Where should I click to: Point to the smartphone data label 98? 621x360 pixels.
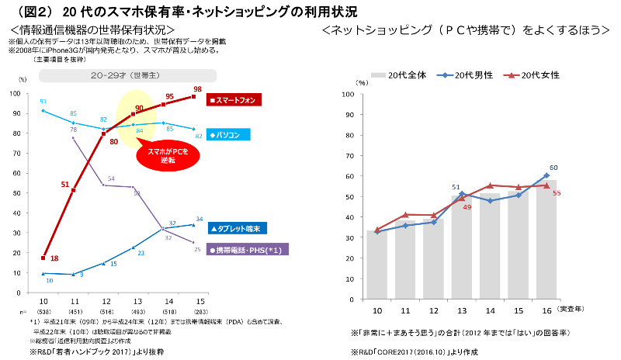(x=197, y=88)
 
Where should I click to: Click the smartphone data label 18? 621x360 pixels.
(x=54, y=258)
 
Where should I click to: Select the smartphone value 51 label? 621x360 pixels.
(x=65, y=184)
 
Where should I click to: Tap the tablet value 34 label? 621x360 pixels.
(x=199, y=219)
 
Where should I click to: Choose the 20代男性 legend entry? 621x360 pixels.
(x=467, y=75)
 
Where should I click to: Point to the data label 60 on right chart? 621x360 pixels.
(x=553, y=168)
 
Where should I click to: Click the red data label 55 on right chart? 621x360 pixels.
(x=557, y=192)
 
